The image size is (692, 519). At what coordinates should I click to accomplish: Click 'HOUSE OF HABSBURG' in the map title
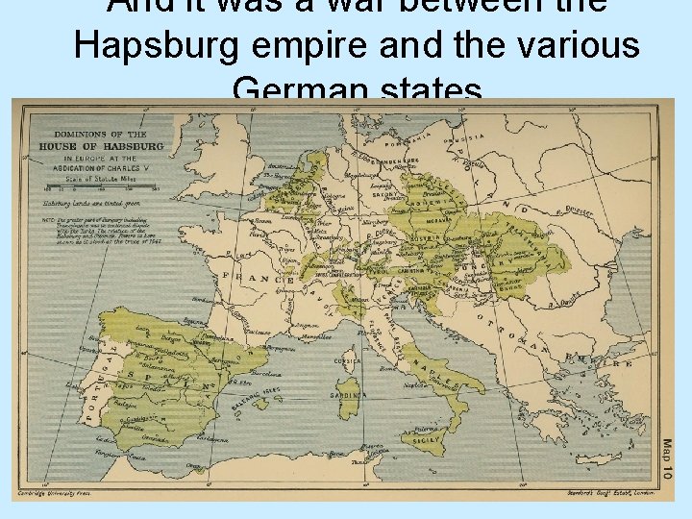coord(101,145)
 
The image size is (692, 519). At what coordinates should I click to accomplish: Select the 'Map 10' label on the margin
coord(667,461)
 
